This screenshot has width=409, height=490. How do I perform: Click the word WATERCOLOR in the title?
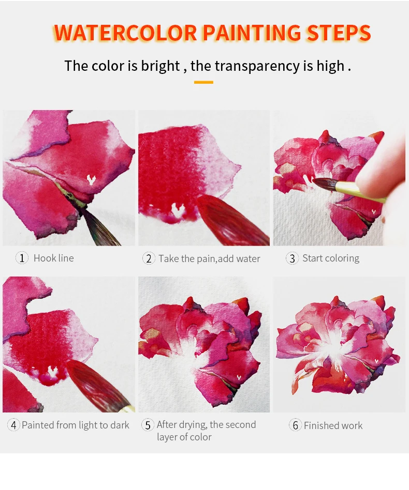125,33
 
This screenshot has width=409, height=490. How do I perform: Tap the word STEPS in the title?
339,33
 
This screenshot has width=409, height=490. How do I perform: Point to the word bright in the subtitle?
160,67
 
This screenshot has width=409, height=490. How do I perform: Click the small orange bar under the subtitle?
203,82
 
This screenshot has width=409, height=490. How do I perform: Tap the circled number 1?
22,258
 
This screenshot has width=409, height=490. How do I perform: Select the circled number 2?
149,258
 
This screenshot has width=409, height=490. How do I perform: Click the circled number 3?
293,258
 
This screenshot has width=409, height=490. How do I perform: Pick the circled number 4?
13,425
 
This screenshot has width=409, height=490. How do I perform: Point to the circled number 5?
148,425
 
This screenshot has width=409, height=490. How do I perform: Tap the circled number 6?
295,425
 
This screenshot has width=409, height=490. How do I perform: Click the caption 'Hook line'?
54,258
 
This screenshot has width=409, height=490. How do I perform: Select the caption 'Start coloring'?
331,258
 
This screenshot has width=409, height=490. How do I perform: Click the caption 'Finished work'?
333,425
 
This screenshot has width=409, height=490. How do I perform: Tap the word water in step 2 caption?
248,259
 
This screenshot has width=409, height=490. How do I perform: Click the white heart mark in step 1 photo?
91,179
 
